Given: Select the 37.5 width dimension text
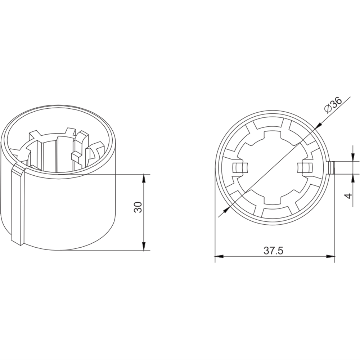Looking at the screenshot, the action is pyautogui.click(x=274, y=251).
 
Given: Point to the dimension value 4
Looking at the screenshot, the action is pyautogui.click(x=348, y=196).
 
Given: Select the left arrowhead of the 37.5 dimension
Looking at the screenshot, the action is pyautogui.click(x=219, y=256).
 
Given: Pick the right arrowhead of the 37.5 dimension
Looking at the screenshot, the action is pyautogui.click(x=330, y=256).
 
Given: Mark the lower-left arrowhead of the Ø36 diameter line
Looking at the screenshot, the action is pyautogui.click(x=227, y=209).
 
